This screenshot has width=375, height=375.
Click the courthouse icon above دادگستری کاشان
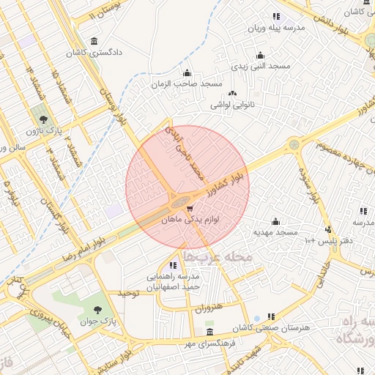point(94,41)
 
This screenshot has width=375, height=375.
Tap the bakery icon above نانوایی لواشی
point(233,93)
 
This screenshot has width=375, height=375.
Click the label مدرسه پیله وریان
point(275,28)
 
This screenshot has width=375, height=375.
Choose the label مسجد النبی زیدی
point(261,67)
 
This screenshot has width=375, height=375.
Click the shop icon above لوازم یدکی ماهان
point(191,209)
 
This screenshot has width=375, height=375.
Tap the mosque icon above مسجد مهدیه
point(276,221)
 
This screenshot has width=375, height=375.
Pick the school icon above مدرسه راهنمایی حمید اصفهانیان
point(173,265)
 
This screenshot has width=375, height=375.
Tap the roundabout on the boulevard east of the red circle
point(293,145)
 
